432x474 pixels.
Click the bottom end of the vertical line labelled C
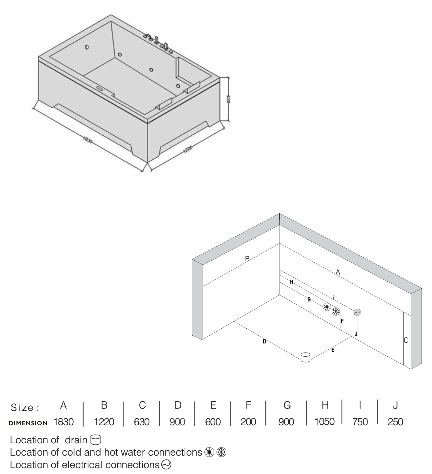tap(403, 365)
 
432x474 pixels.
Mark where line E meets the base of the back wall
tap(351, 336)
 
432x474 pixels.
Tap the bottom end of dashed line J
tap(357, 339)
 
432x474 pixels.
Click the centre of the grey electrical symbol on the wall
tap(357, 312)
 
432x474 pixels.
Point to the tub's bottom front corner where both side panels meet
tap(148, 162)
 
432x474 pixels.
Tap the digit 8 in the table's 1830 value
tap(59, 422)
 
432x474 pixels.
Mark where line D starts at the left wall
tap(234, 322)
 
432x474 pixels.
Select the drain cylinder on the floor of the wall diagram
tap(305, 357)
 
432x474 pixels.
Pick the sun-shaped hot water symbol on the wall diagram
tap(327, 307)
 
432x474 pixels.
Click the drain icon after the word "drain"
tap(96, 440)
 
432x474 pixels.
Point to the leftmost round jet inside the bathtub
tap(87, 47)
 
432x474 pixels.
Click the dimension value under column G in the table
tap(286, 422)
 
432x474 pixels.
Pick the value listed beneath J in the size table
tap(395, 422)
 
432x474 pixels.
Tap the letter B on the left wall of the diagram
tap(247, 259)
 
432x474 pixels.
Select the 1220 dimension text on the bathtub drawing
tap(188, 149)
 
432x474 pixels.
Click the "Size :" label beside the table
tap(25, 407)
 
